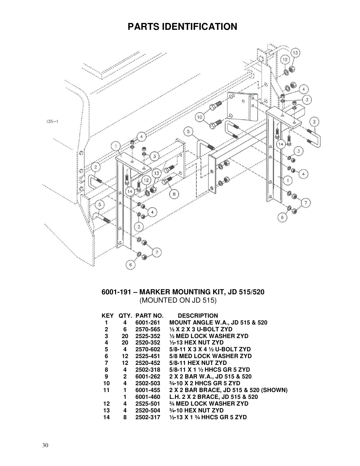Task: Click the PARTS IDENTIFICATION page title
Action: pos(182,26)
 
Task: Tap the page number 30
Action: pos(45,445)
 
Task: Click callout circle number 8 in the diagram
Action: pos(174,194)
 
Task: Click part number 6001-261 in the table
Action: pos(148,323)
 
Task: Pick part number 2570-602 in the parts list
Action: pos(148,349)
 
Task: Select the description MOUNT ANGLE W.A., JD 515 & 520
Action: pos(218,323)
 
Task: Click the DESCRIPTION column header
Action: pos(198,316)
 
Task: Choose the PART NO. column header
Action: pos(149,316)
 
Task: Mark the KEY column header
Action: pos(108,316)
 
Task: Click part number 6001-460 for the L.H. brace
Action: pos(148,397)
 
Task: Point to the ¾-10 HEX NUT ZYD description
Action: pos(196,411)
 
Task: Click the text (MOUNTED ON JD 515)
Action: pos(178,300)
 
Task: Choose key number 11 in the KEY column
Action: pos(106,390)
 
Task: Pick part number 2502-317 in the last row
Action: pos(148,417)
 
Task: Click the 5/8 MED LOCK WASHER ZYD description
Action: pos(210,356)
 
